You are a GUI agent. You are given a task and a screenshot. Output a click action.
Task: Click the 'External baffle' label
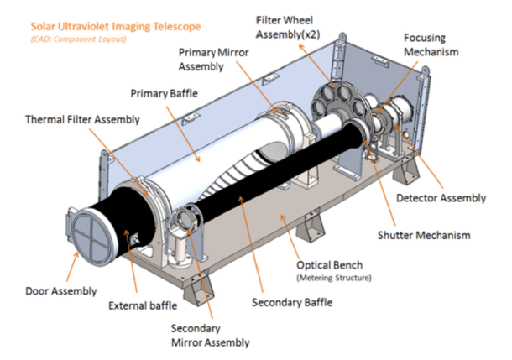point(144,305)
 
